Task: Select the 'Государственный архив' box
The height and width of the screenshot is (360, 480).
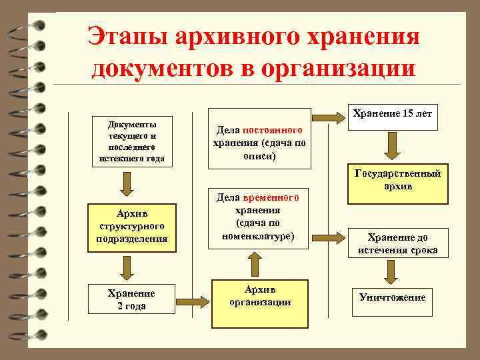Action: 398,180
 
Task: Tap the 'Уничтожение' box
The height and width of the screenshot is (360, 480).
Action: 392,297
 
